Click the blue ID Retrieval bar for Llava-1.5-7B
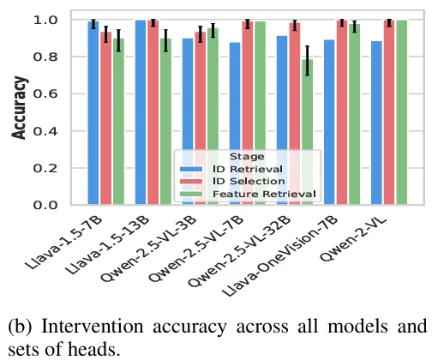93,113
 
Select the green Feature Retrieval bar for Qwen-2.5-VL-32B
307,132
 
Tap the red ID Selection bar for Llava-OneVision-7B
342,112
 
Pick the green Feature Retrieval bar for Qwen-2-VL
402,112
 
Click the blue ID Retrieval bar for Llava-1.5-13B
141,112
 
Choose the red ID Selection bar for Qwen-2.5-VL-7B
248,113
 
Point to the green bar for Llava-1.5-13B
165,122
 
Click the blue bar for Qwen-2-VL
376,123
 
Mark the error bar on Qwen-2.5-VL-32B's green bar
307,61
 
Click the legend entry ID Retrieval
248,169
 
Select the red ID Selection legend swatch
191,182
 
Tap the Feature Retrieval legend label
264,194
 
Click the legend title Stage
247,157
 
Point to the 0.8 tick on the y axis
45,57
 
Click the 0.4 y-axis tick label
45,131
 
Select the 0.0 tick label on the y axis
45,205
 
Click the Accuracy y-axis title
20,108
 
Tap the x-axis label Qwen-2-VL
354,239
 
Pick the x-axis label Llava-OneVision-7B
280,256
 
